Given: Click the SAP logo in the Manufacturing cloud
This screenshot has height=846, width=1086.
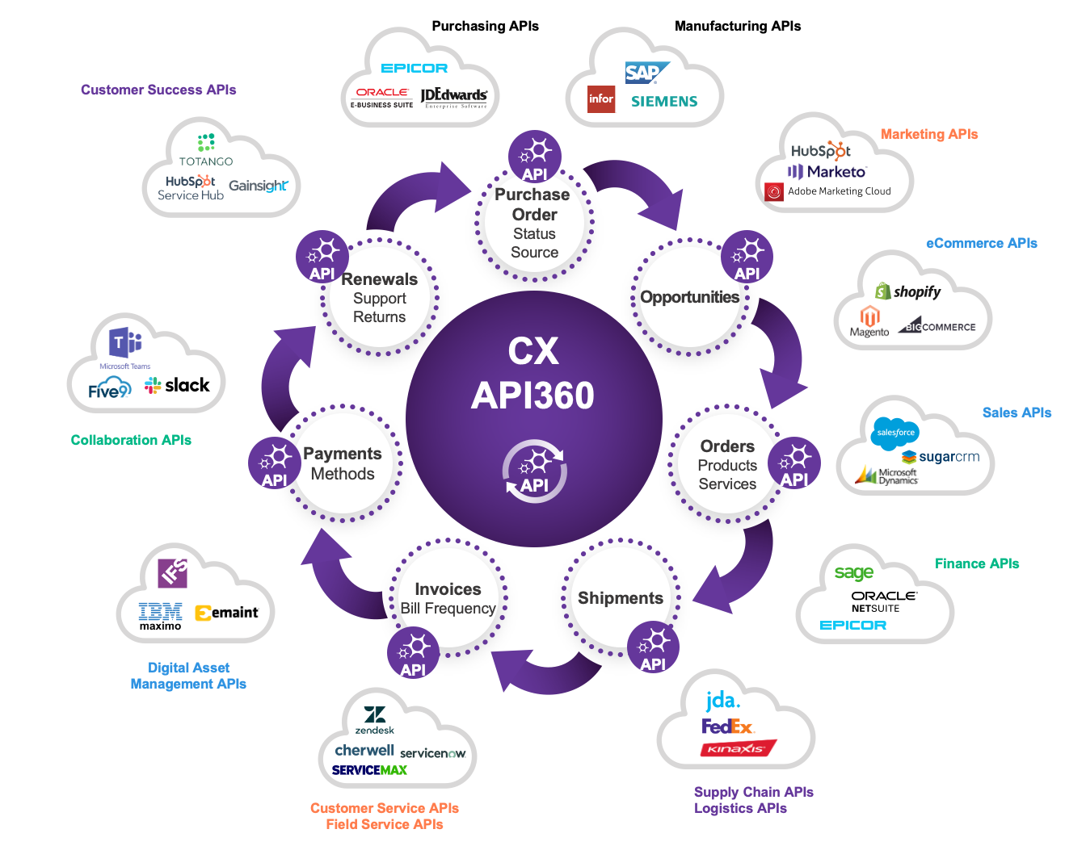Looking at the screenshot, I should (645, 73).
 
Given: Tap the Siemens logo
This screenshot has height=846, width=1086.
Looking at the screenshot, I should (663, 102).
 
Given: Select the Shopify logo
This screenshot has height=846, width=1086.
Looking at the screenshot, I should (908, 291).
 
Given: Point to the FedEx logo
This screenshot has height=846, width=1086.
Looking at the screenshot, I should (727, 727).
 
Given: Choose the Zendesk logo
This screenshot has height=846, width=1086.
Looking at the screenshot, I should (374, 719).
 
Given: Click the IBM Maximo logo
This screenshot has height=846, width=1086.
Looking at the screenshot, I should (160, 616).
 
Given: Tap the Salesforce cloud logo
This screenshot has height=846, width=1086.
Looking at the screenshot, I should (895, 433).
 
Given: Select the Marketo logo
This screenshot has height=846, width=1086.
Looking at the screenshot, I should (827, 172).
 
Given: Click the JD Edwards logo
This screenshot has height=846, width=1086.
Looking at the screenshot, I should (454, 97).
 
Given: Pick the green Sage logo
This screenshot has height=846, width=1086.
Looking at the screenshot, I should (853, 573).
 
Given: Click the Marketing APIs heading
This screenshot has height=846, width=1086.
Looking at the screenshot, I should (928, 134).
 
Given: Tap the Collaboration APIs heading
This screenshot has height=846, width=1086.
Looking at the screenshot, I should (131, 440).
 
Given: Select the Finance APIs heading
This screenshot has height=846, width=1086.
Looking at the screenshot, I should (976, 563).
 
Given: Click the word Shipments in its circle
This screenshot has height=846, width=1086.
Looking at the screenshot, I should (620, 598).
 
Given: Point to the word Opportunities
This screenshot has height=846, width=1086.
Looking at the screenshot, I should (689, 297).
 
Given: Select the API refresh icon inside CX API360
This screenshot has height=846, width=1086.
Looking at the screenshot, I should (534, 471).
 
